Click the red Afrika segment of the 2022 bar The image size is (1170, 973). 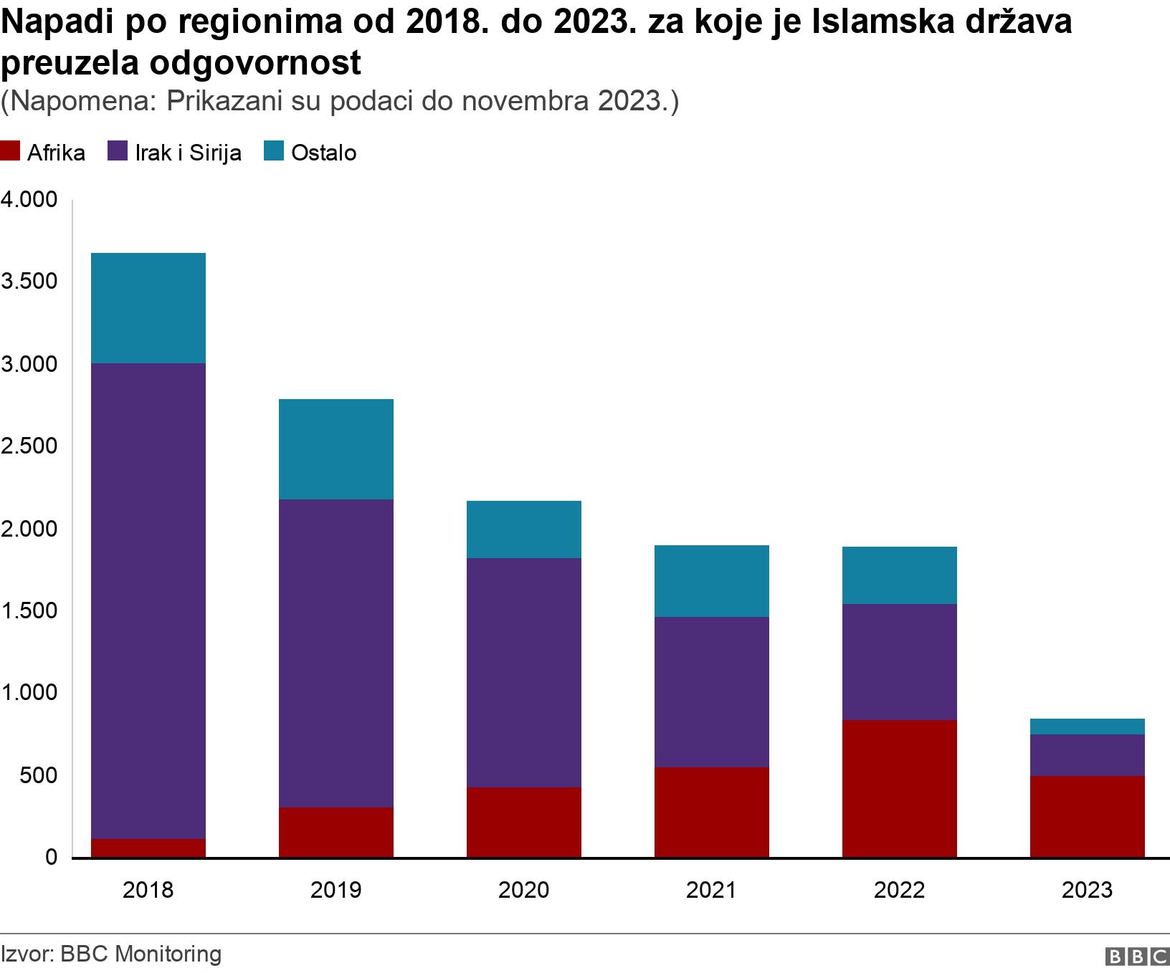899,788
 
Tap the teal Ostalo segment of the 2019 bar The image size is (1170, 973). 336,449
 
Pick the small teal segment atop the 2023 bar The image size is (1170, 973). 1087,727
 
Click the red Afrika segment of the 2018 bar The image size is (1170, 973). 148,848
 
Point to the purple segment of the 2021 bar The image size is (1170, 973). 711,691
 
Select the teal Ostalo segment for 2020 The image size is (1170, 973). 523,529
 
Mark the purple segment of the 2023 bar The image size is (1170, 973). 1087,754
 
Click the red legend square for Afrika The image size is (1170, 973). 10,152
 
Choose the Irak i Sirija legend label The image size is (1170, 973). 188,153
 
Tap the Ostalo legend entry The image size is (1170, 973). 323,153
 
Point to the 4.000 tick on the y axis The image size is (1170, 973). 29,200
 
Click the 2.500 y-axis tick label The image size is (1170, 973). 29,447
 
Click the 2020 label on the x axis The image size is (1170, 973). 523,890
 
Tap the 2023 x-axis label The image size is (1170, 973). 1087,890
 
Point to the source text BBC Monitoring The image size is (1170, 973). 141,954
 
